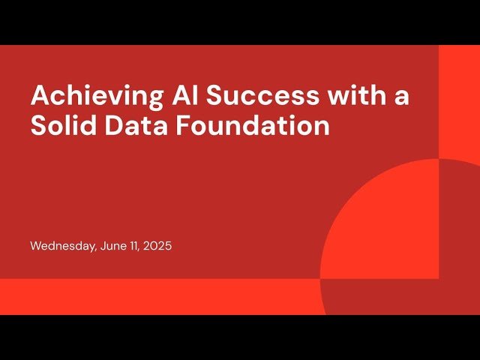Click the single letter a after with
[401, 98]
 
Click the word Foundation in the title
[252, 125]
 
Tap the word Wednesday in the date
[62, 246]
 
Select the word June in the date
[113, 246]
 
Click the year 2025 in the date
[157, 246]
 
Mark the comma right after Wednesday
[96, 249]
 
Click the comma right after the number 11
[141, 249]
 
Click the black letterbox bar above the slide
[240, 22]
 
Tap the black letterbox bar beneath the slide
[240, 337]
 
